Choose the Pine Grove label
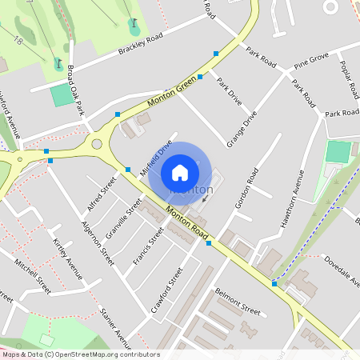click(x=311, y=61)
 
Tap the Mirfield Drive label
click(x=156, y=158)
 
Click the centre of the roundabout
click(x=98, y=145)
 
